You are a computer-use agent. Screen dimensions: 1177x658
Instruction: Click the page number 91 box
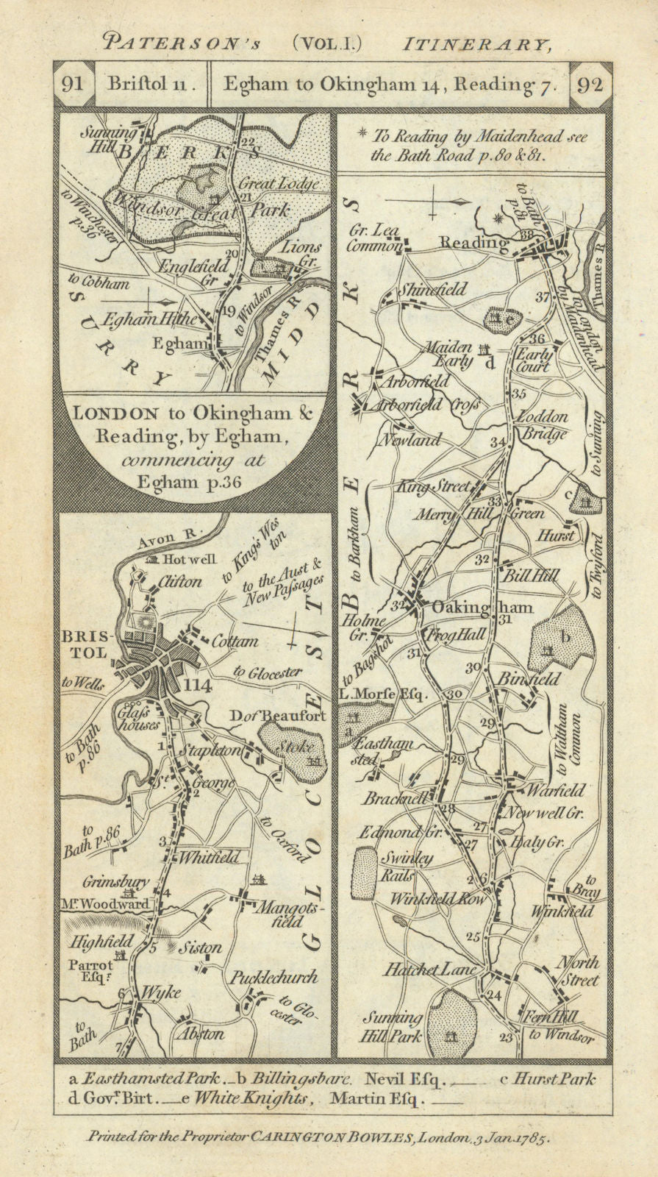tap(74, 84)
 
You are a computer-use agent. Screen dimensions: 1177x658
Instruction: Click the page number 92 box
tap(590, 84)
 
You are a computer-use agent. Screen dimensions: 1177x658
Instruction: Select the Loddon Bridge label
tap(543, 424)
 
